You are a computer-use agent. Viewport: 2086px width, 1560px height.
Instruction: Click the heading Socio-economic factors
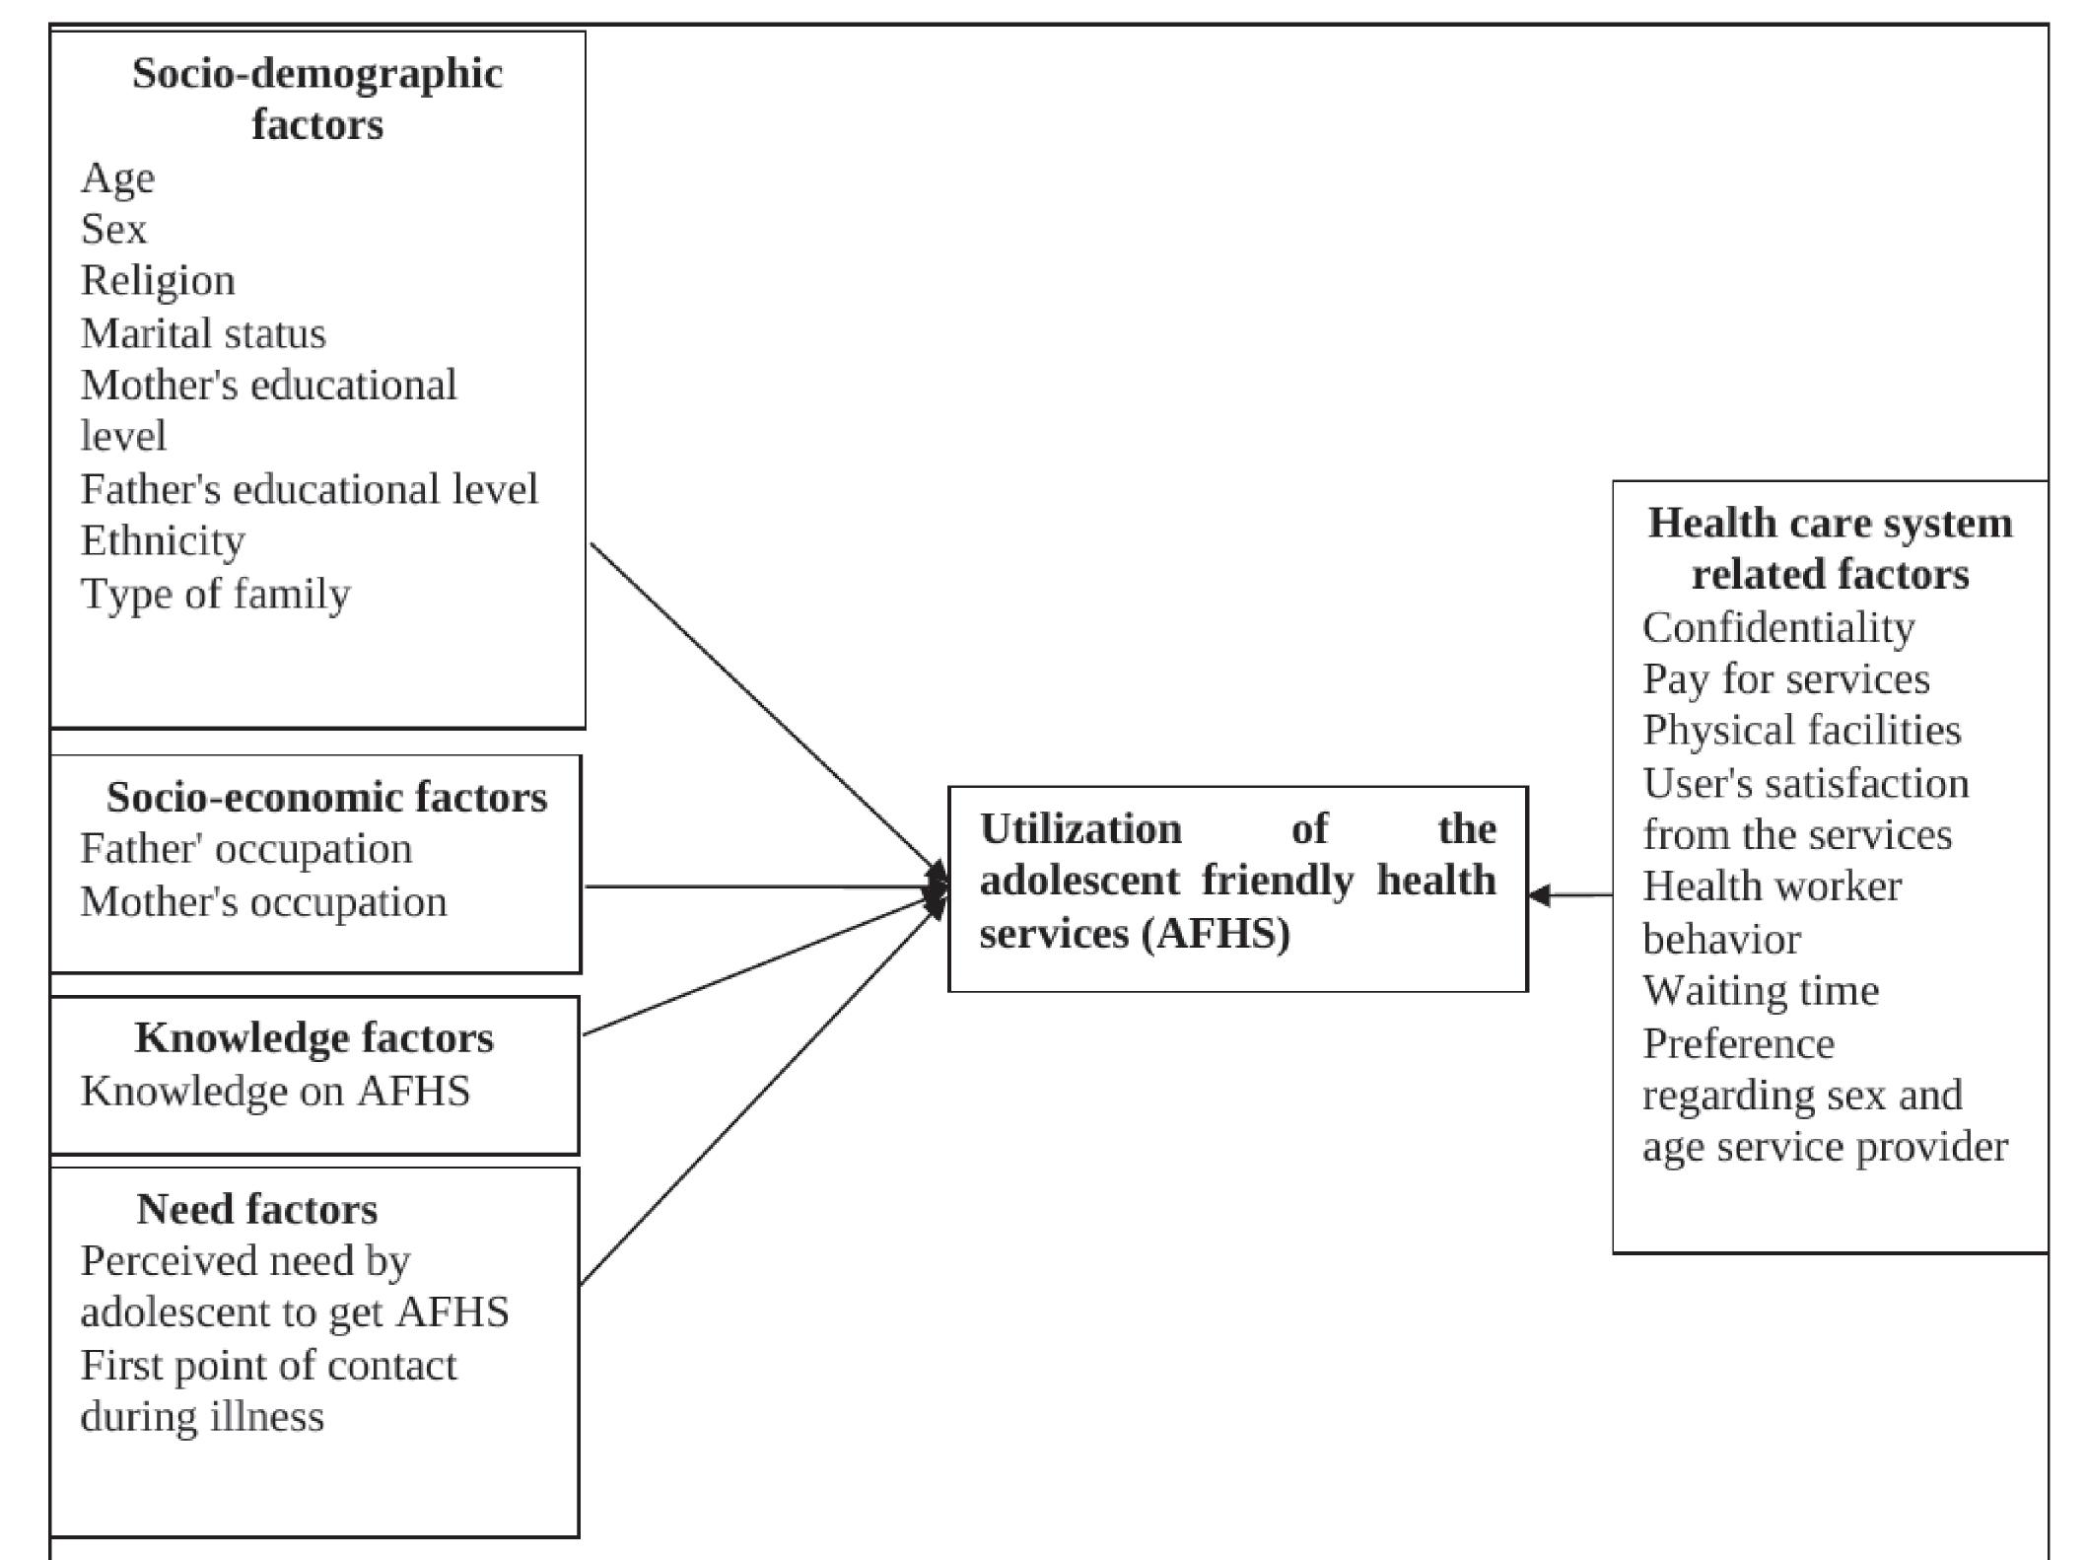326,797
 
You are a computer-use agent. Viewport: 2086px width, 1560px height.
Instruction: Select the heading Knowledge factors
313,1037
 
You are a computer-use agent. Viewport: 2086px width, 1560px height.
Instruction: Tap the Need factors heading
256,1209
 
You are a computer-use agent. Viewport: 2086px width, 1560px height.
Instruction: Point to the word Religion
158,281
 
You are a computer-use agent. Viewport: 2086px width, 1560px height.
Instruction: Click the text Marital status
203,333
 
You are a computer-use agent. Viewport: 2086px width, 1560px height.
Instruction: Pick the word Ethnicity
163,540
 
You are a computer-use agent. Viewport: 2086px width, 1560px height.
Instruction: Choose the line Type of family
215,594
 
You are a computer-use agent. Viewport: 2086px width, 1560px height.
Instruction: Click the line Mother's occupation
263,901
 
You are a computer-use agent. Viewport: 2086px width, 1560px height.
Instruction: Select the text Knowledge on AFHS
275,1091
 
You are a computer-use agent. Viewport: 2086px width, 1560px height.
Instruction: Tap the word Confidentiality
1778,627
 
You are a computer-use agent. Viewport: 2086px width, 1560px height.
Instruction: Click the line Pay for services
1785,678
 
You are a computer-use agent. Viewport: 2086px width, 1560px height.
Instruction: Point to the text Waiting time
1761,990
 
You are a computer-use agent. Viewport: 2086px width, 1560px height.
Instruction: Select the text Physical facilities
1801,730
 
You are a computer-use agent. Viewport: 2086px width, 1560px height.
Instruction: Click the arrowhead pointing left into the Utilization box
1539,895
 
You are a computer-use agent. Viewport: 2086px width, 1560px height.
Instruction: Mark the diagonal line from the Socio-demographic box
759,705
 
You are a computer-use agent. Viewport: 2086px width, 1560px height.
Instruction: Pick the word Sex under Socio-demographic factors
113,229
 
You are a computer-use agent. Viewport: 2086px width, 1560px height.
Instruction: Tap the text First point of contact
268,1366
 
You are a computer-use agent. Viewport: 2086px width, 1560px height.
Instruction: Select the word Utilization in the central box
1080,829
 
